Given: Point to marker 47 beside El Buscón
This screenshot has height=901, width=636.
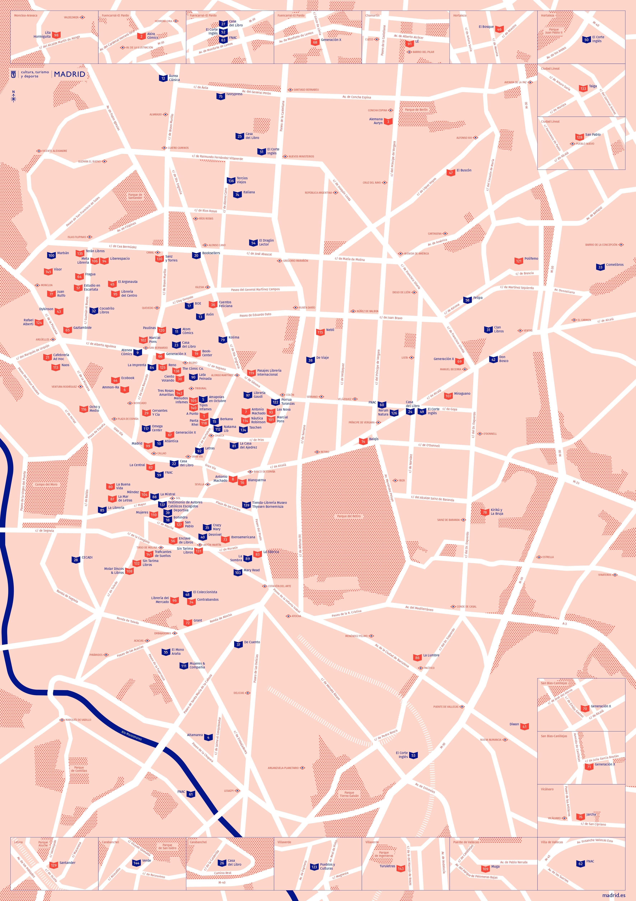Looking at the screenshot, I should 450,172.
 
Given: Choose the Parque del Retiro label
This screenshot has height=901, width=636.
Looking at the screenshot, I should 348,516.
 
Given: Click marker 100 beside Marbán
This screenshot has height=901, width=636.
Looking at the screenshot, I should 51,255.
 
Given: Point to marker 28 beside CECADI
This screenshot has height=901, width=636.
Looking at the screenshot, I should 76,560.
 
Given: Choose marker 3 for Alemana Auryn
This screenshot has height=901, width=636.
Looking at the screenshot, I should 388,122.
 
